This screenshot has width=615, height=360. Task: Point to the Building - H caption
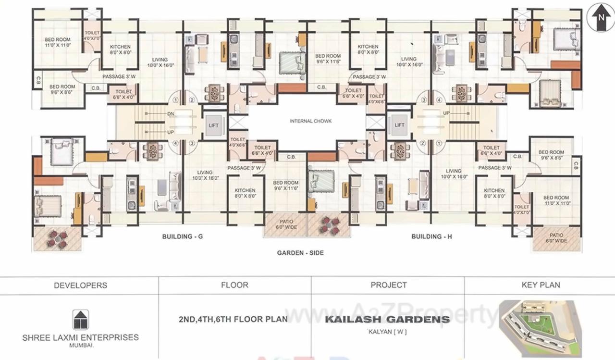431,236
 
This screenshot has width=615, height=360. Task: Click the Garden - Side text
300,253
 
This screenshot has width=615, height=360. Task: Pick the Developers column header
80,285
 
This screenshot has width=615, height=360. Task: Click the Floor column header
234,285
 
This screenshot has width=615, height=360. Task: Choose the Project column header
389,285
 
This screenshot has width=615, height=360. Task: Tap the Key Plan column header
541,285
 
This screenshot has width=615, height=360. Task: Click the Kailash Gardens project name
388,319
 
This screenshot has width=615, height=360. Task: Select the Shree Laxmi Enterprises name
80,337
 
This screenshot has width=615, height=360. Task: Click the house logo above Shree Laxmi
80,320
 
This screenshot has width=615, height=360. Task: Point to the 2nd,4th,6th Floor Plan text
233,319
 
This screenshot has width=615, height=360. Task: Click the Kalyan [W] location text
388,331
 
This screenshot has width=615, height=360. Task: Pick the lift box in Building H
399,125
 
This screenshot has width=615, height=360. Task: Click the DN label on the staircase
171,114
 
